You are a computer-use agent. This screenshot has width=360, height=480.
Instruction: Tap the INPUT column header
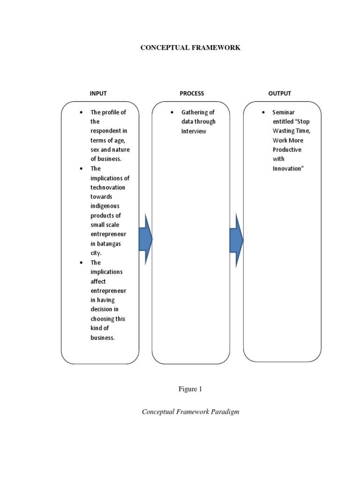tap(99, 93)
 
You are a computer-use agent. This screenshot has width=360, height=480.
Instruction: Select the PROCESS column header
tap(192, 93)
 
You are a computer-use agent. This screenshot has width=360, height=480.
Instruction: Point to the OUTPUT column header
tap(279, 93)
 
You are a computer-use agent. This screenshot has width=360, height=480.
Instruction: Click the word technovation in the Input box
tap(108, 187)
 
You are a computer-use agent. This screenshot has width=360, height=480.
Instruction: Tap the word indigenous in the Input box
tap(105, 206)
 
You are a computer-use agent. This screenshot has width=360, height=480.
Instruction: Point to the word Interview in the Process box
tap(194, 131)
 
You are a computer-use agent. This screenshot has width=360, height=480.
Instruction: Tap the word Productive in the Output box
tap(287, 150)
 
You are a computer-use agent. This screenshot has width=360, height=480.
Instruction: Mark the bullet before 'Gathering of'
tap(172, 112)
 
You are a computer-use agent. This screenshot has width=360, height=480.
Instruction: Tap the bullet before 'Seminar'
tap(263, 112)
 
